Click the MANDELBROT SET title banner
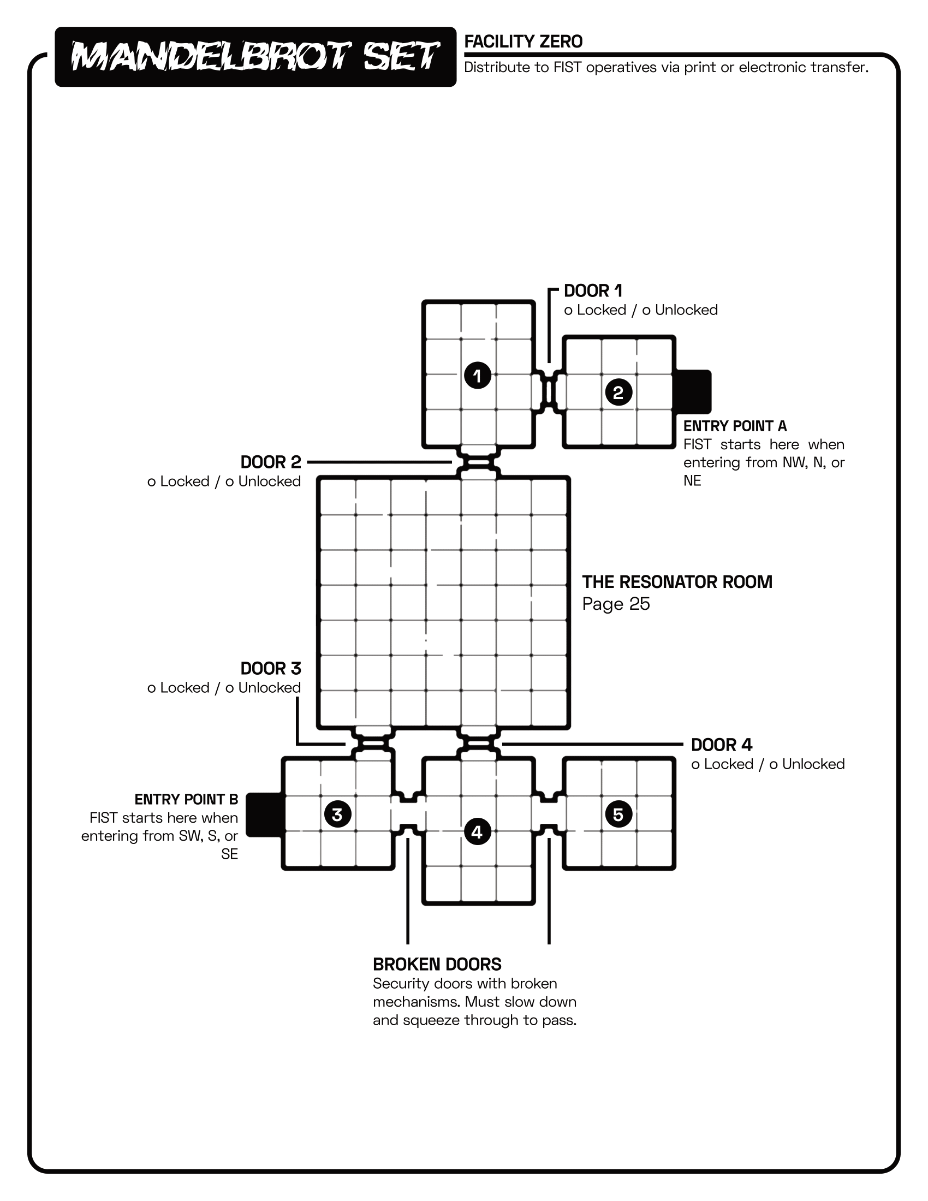tap(255, 57)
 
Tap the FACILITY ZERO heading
tap(523, 42)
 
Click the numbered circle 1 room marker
tap(477, 376)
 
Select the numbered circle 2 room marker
tap(618, 393)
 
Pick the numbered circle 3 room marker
tap(337, 814)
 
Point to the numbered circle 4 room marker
tap(477, 831)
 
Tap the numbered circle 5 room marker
tap(618, 814)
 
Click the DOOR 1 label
tap(593, 291)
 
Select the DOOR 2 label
tap(270, 462)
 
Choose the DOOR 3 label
tap(270, 669)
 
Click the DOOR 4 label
tap(721, 745)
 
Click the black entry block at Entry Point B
tap(264, 814)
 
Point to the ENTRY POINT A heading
tap(734, 426)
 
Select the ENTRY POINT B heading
tap(186, 800)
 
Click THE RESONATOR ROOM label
tap(677, 582)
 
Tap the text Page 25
tap(616, 604)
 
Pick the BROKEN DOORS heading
tap(437, 965)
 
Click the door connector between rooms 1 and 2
tap(549, 392)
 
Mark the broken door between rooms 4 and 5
tap(549, 814)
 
